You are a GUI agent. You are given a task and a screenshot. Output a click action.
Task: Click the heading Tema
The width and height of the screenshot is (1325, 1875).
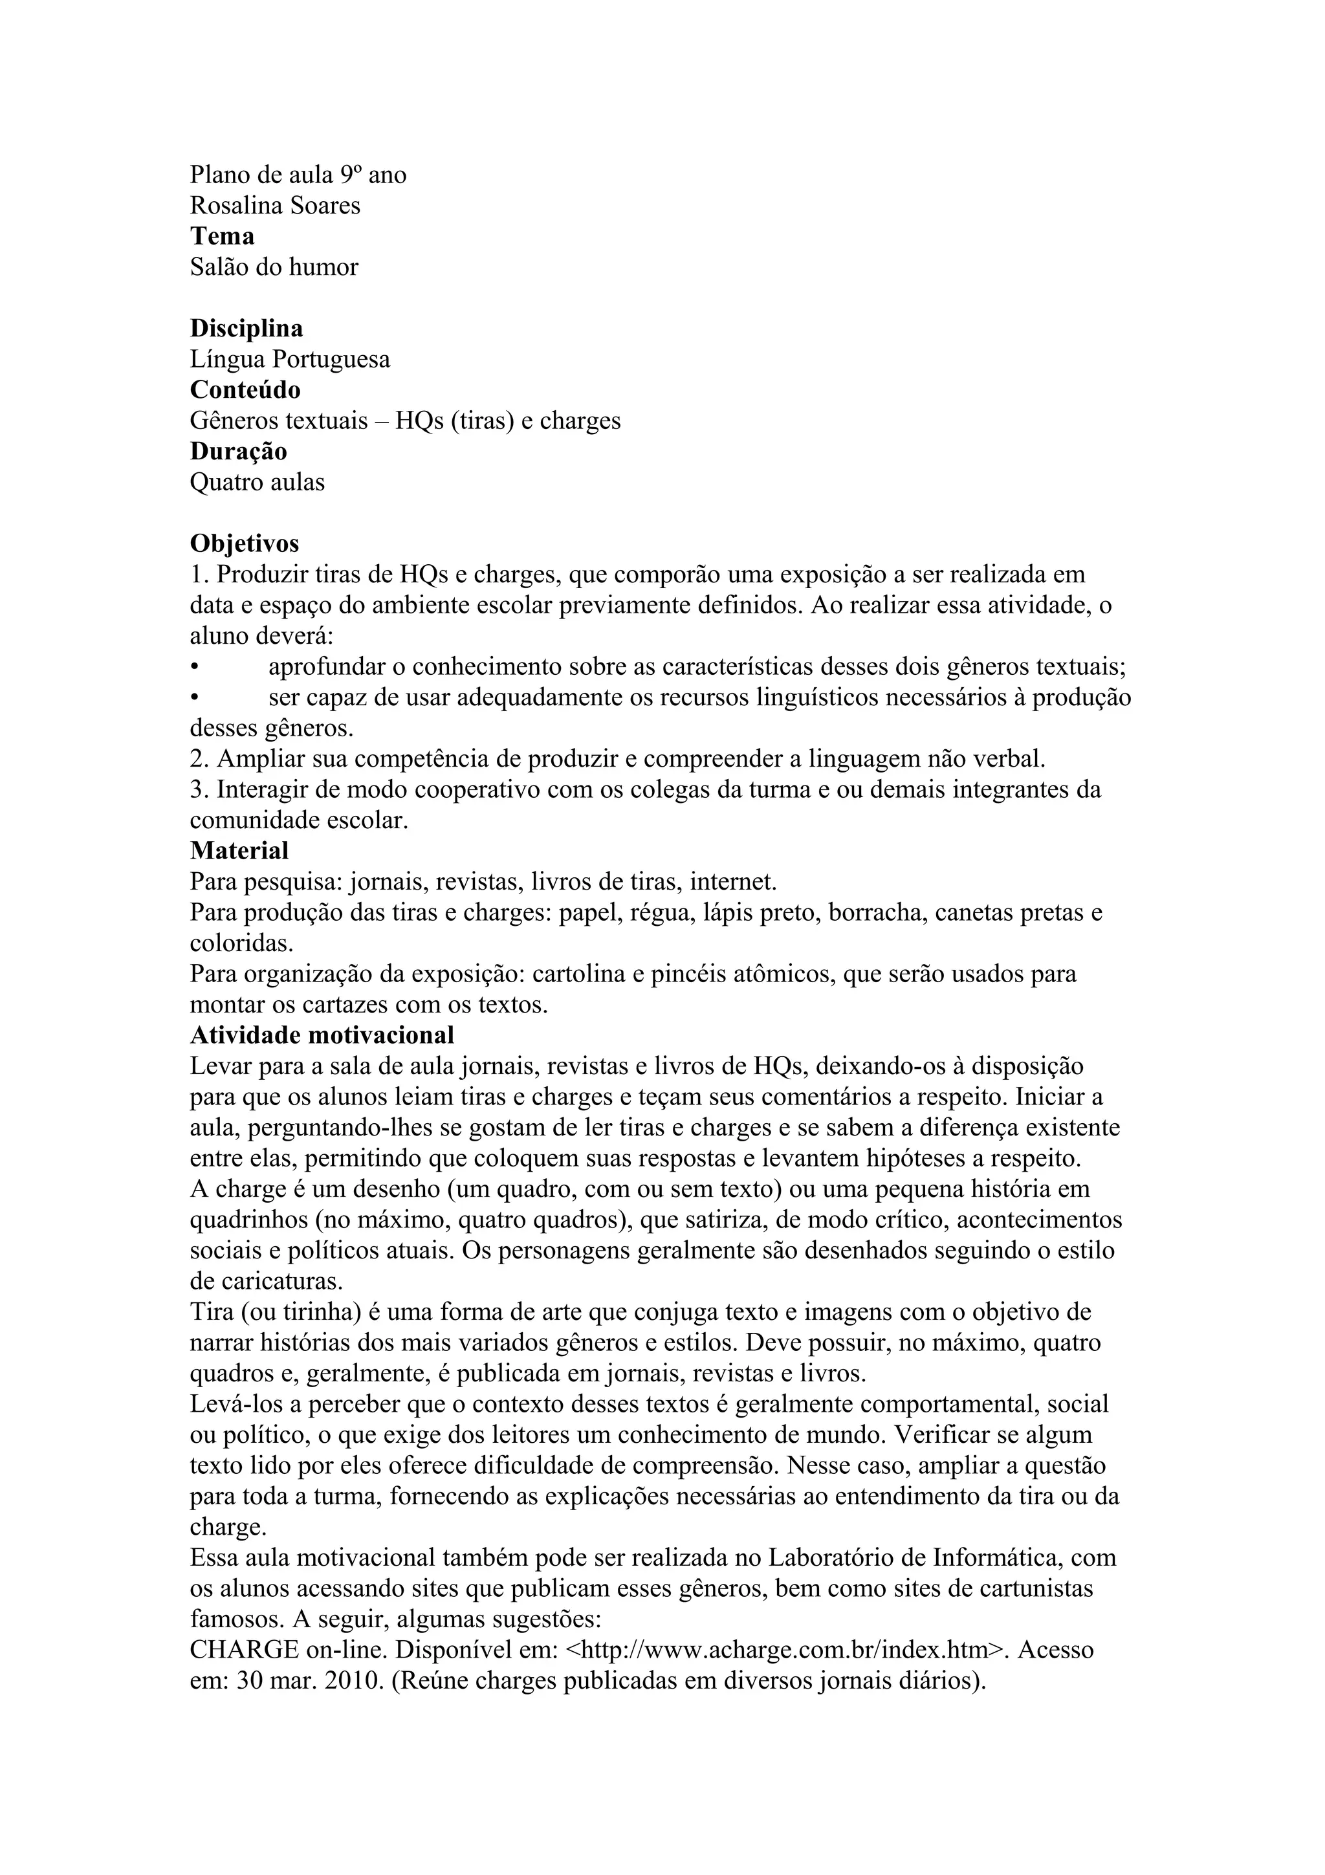[x=222, y=236]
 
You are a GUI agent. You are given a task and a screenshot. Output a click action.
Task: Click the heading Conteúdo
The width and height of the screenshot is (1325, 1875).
[x=245, y=389]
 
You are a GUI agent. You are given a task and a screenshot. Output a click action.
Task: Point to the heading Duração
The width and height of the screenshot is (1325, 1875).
[x=238, y=451]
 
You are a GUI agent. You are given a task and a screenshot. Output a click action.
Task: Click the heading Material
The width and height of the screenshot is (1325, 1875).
[x=239, y=851]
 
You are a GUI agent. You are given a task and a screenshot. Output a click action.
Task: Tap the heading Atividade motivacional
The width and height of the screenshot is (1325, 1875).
[x=322, y=1035]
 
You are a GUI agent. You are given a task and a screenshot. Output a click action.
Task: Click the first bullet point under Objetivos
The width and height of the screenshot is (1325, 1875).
[x=194, y=668]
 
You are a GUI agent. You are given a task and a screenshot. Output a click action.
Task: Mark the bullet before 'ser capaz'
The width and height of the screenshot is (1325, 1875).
[x=194, y=699]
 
